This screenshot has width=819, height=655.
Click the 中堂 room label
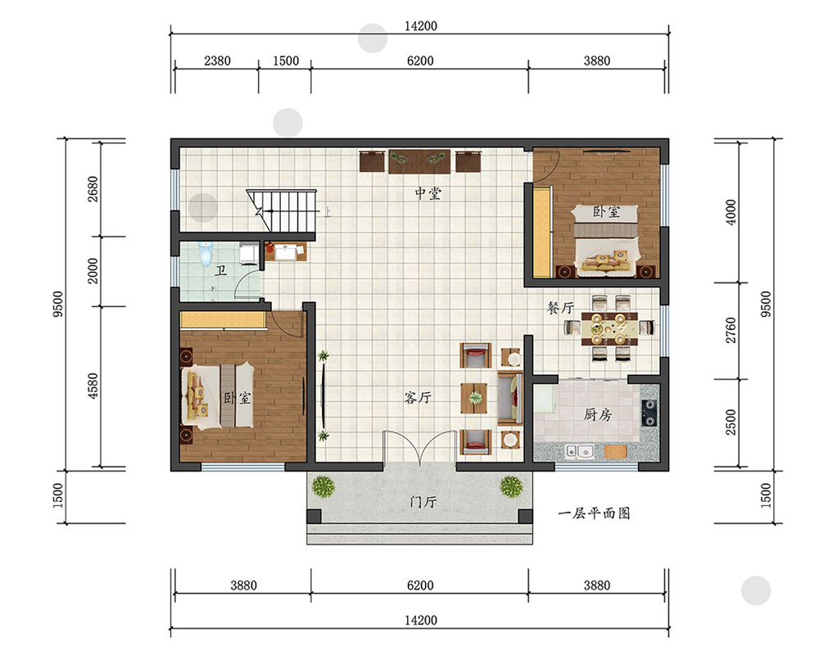[x=428, y=194]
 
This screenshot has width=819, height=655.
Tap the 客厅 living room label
[x=418, y=397]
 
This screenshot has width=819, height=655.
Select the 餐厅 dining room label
[x=560, y=308]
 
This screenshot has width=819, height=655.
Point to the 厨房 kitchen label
[x=598, y=415]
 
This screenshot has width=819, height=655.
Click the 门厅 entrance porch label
[x=423, y=502]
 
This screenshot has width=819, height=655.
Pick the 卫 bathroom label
[x=221, y=270]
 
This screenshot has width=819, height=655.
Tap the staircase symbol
[x=282, y=211]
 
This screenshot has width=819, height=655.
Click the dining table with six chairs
[x=609, y=328]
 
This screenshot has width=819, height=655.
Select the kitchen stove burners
[x=649, y=413]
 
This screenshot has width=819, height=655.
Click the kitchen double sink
[x=580, y=451]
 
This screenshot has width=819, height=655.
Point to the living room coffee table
[x=474, y=399]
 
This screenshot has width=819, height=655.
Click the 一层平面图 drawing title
[x=594, y=513]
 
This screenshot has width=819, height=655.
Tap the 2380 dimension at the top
[x=217, y=61]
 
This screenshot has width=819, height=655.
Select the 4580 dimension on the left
[x=93, y=386]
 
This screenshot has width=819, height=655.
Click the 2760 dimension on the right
[x=731, y=331]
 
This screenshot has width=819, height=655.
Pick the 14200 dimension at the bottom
[x=420, y=620]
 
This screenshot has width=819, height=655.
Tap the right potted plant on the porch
[x=511, y=486]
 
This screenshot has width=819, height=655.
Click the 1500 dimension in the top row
[x=286, y=61]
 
